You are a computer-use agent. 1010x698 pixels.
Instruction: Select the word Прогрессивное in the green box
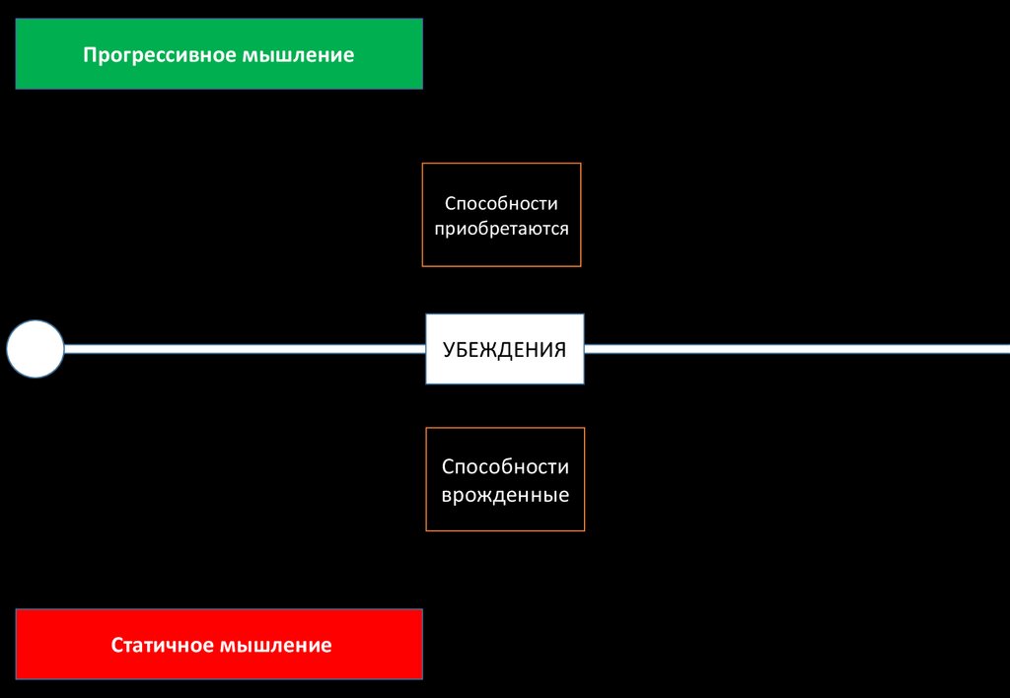click(x=159, y=54)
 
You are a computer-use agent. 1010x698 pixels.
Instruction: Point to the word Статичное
click(x=161, y=646)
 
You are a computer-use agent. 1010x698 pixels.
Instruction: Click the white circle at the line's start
click(x=36, y=349)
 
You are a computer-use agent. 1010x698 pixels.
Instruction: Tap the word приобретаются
click(x=502, y=228)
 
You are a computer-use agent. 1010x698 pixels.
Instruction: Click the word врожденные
click(x=505, y=494)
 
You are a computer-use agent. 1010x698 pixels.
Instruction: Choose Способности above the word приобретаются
click(x=502, y=203)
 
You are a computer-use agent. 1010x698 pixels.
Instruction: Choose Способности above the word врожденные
click(x=505, y=466)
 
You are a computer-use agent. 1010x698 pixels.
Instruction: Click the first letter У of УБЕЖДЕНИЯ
click(x=449, y=349)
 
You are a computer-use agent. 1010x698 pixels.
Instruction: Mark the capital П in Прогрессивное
click(x=89, y=54)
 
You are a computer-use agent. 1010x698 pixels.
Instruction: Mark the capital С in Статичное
click(x=117, y=646)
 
